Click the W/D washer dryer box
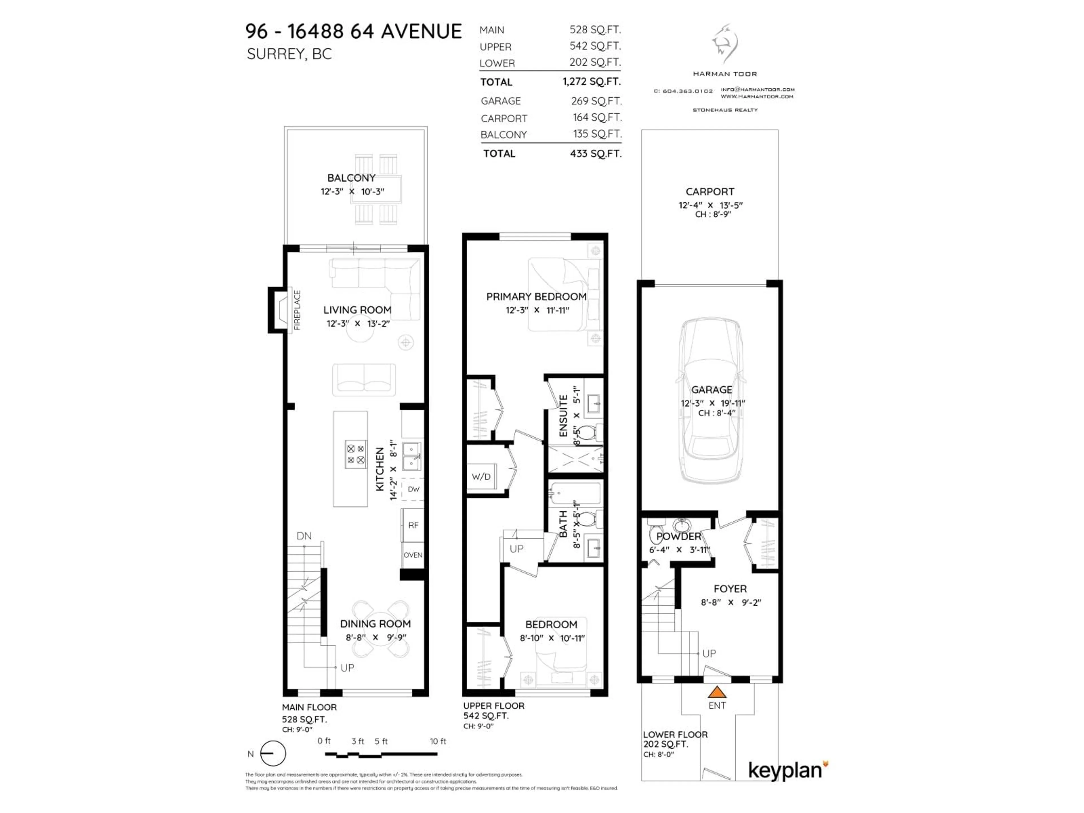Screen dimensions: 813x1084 pos(481,476)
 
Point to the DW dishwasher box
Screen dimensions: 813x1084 pos(413,489)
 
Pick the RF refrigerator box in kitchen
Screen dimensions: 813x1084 pos(413,525)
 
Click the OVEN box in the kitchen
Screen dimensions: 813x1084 pos(413,555)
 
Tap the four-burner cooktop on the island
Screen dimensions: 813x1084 pos(356,454)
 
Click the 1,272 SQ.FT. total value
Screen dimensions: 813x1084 pos(591,81)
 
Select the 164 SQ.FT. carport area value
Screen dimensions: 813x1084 pos(597,118)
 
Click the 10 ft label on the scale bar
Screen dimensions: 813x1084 pos(438,741)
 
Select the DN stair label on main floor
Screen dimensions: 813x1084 pos(304,536)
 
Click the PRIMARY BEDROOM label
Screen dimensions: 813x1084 pos(536,296)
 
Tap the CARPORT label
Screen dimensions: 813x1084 pos(710,192)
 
